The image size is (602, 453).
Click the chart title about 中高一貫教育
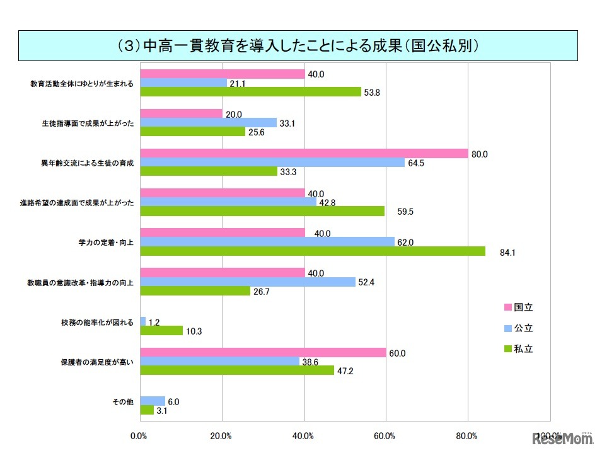point(298,46)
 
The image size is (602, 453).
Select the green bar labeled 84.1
point(313,251)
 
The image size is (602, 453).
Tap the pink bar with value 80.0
point(304,153)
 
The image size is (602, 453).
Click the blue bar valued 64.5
point(272,163)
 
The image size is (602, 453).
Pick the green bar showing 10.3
point(161,331)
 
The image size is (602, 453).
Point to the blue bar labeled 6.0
point(153,401)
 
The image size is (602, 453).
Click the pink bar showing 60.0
point(263,353)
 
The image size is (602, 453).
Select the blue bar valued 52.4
point(248,282)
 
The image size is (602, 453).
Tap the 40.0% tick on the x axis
point(304,435)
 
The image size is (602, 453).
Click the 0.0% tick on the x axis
point(139,435)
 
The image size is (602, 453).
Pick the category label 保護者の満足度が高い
point(97,362)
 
